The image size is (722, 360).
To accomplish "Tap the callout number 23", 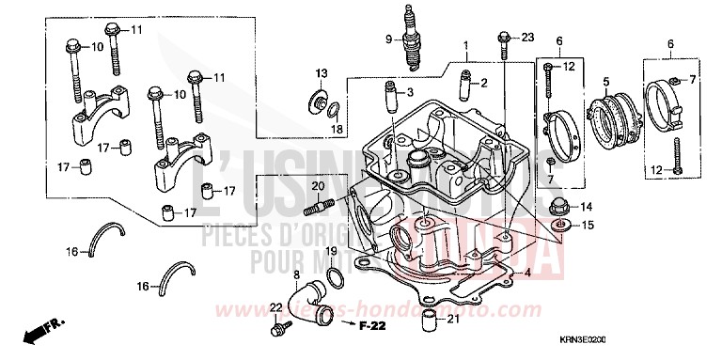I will pyautogui.click(x=526, y=38).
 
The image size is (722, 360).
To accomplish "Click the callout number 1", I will pyautogui.click(x=464, y=46).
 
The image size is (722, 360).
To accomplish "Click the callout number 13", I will pyautogui.click(x=322, y=73).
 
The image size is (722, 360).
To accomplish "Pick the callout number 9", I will pyautogui.click(x=385, y=39).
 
